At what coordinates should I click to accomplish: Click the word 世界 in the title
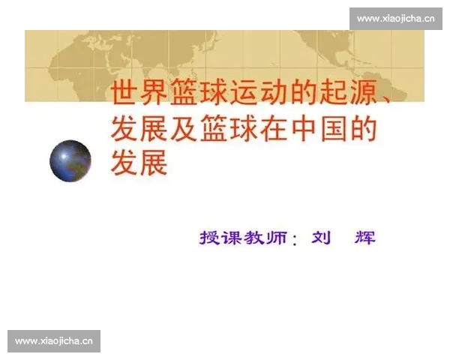tap(139, 93)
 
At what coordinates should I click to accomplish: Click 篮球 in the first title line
tap(197, 93)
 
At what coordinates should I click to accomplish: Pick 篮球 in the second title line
tap(226, 128)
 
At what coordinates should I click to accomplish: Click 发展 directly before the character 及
tap(139, 128)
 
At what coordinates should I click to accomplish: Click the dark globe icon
tap(70, 160)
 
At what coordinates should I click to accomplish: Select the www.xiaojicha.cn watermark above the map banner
tap(395, 19)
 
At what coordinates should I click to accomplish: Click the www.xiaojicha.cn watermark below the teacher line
tap(53, 341)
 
